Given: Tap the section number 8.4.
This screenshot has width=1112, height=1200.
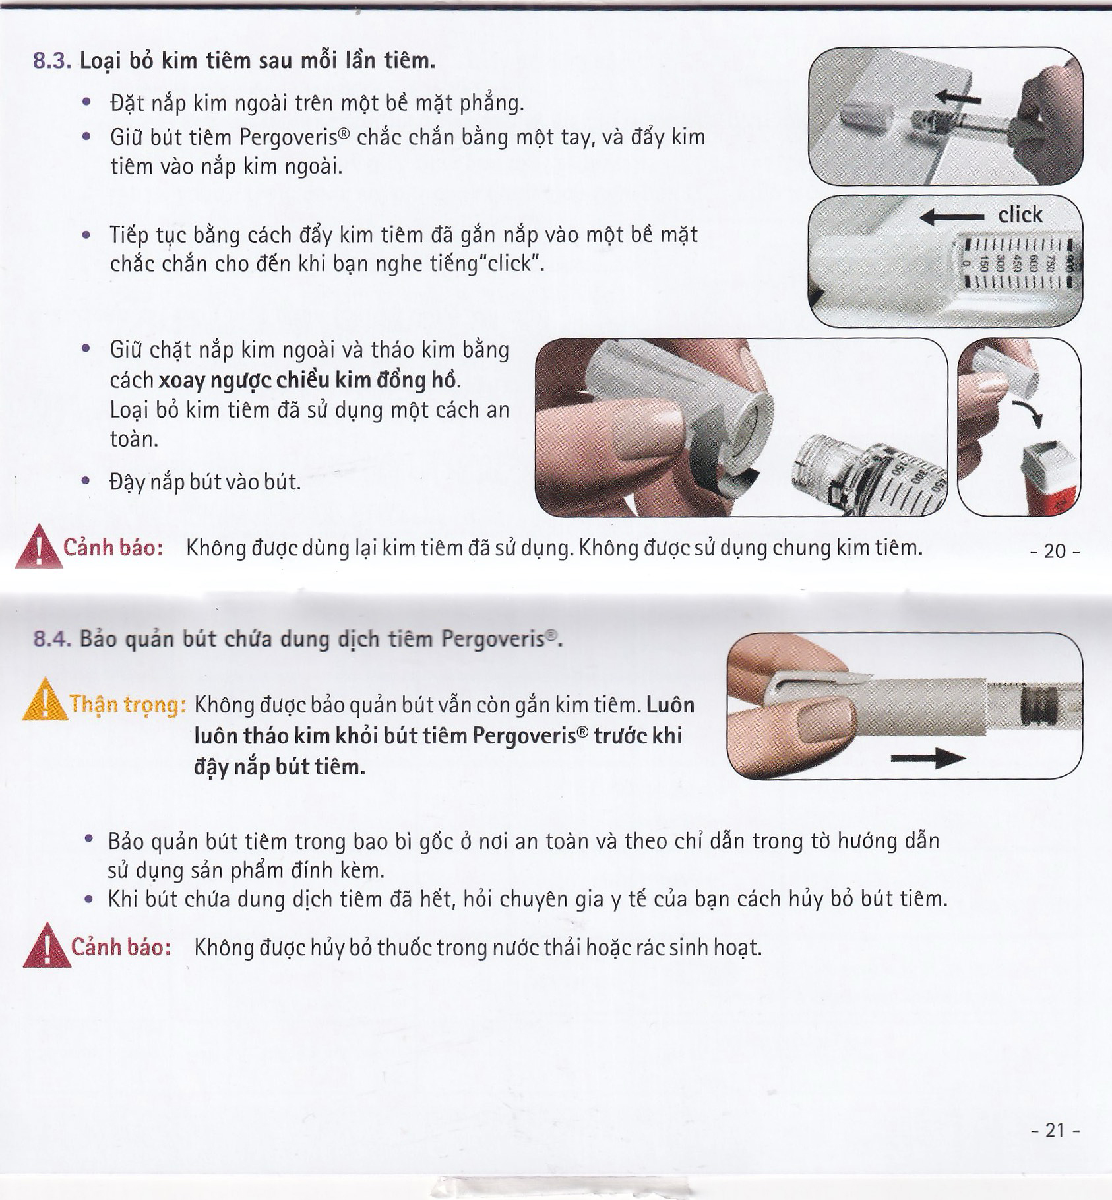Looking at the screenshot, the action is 52,639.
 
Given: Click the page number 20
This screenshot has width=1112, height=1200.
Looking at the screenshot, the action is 1055,551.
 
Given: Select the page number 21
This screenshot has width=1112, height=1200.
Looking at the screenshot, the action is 1055,1130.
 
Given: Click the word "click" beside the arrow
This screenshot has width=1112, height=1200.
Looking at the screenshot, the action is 1020,215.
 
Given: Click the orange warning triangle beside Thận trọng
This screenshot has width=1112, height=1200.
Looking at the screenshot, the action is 45,700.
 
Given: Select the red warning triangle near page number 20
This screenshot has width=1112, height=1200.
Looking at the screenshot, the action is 39,546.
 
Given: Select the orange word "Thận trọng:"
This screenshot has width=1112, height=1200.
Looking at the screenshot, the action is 128,705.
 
